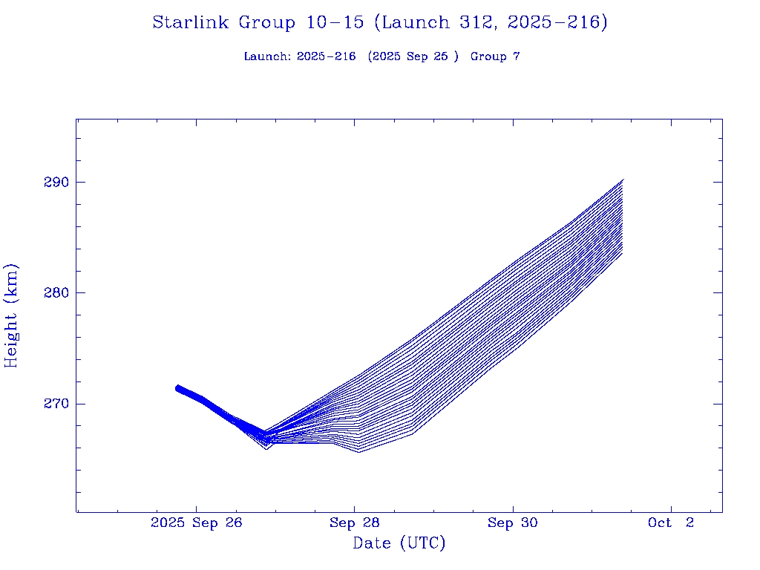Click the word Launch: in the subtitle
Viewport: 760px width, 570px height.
tap(267, 56)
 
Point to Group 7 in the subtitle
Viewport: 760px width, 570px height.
tap(495, 56)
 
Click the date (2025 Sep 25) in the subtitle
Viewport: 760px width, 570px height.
tap(413, 56)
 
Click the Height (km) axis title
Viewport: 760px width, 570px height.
tap(12, 315)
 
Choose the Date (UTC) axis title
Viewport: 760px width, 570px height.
tap(399, 543)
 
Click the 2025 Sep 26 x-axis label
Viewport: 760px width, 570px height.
tap(197, 523)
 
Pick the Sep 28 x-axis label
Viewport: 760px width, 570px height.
tap(354, 523)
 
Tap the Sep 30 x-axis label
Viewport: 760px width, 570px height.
tap(512, 523)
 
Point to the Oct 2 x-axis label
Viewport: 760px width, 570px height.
tap(670, 523)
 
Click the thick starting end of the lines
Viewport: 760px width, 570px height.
tap(178, 388)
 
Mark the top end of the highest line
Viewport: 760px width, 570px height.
tap(623, 180)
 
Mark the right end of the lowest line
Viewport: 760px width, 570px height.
tap(623, 254)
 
